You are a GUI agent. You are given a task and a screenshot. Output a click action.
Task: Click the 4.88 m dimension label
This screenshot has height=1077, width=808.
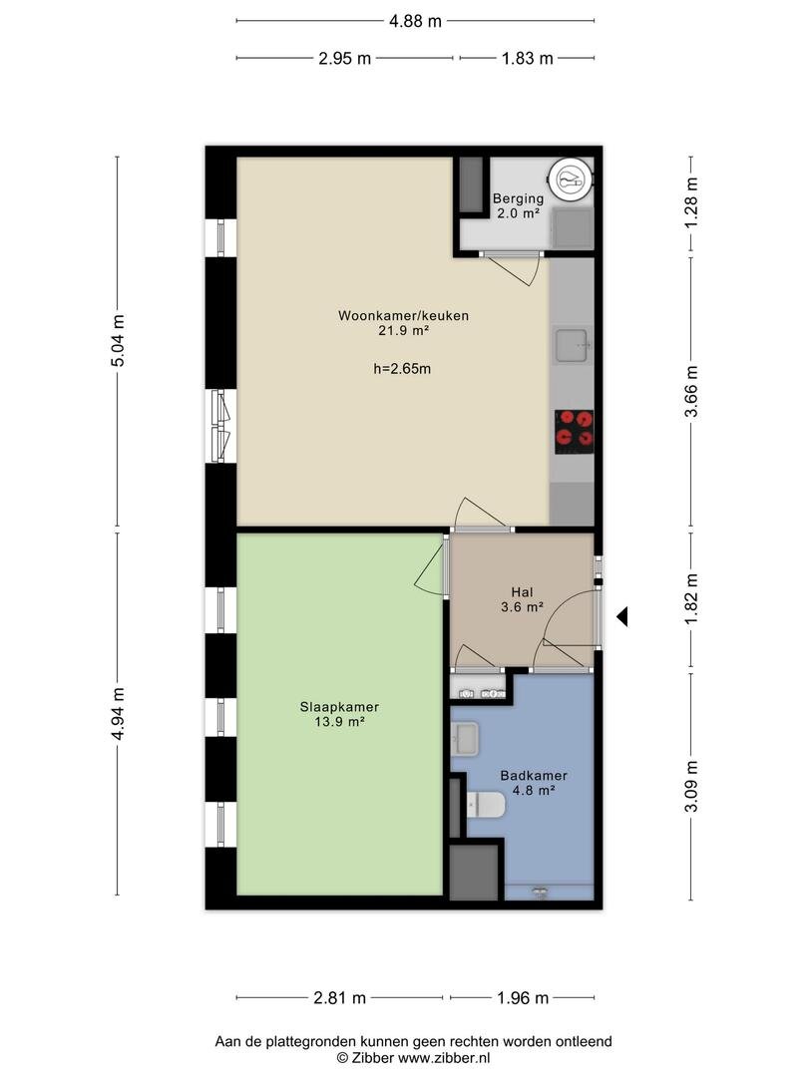pyautogui.click(x=415, y=21)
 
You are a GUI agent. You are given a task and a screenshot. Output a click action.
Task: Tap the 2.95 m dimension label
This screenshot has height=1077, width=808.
pyautogui.click(x=345, y=59)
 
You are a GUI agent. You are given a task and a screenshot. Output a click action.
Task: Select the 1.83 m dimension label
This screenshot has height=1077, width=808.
pyautogui.click(x=527, y=59)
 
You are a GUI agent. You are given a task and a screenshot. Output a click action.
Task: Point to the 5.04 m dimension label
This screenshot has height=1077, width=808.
pyautogui.click(x=118, y=341)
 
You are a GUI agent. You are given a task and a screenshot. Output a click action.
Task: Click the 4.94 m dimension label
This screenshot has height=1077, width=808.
pyautogui.click(x=118, y=714)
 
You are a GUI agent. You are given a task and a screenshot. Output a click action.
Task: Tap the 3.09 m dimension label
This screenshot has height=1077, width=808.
pyautogui.click(x=691, y=787)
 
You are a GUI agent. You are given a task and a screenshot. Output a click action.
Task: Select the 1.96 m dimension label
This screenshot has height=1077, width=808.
pyautogui.click(x=523, y=998)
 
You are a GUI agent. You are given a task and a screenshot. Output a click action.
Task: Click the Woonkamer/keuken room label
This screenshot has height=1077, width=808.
pyautogui.click(x=403, y=316)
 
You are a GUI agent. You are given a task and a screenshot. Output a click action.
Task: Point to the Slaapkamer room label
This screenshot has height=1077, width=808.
pyautogui.click(x=339, y=707)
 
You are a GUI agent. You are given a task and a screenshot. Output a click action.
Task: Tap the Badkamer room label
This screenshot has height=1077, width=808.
pyautogui.click(x=534, y=776)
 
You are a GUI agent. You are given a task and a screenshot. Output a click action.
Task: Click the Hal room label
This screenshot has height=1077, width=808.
pyautogui.click(x=522, y=592)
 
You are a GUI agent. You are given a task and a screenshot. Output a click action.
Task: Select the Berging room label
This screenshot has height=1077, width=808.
pyautogui.click(x=518, y=198)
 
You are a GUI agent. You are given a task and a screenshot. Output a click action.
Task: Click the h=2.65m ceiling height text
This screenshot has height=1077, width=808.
pyautogui.click(x=403, y=369)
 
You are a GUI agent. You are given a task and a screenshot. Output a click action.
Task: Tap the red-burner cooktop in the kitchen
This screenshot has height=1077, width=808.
pyautogui.click(x=575, y=432)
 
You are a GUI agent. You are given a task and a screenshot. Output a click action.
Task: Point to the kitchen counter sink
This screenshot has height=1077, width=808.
pyautogui.click(x=573, y=345)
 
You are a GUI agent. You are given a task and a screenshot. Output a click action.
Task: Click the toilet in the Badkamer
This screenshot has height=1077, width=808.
pyautogui.click(x=486, y=805)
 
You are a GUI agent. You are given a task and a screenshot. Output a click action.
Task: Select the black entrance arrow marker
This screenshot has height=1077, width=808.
pyautogui.click(x=622, y=617)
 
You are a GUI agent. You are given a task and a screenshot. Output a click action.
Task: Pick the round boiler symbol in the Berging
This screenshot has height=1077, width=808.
pyautogui.click(x=571, y=180)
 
